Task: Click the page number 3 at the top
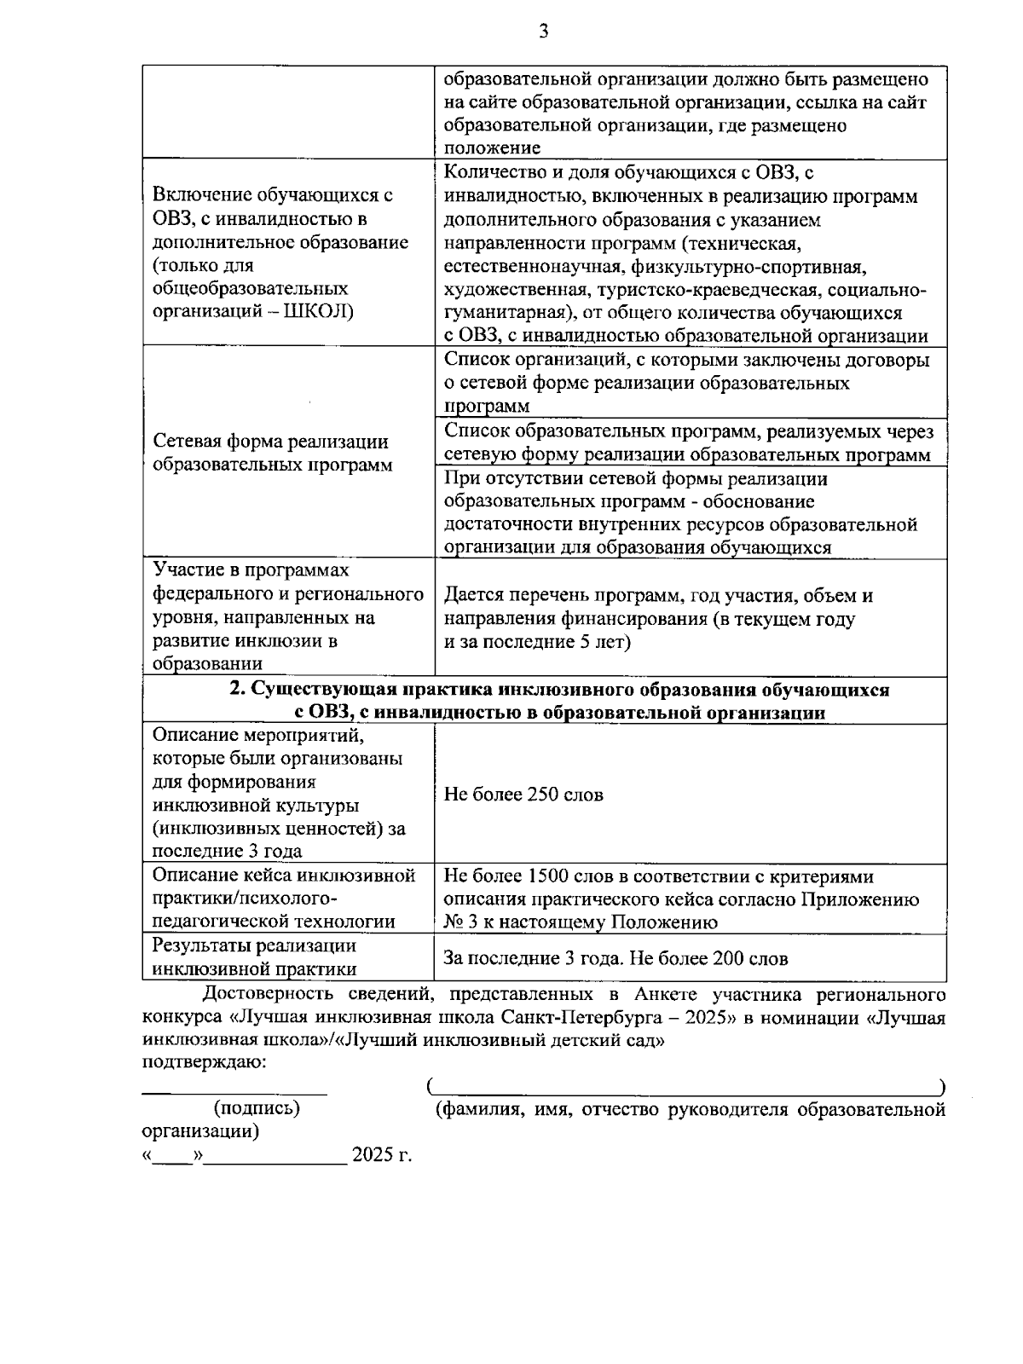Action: pyautogui.click(x=544, y=32)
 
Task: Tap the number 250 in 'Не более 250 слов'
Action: pyautogui.click(x=544, y=795)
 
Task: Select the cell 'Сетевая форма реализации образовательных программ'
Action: pyautogui.click(x=271, y=454)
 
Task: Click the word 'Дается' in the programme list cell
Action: pyautogui.click(x=473, y=596)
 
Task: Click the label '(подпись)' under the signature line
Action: pyautogui.click(x=256, y=1108)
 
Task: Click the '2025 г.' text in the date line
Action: pyautogui.click(x=382, y=1155)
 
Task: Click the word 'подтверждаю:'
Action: pyautogui.click(x=204, y=1062)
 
